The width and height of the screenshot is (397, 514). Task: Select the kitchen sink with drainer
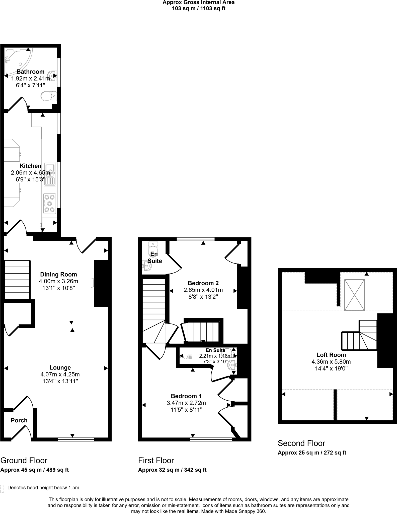coord(50,174)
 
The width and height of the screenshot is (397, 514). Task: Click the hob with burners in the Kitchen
coord(49,203)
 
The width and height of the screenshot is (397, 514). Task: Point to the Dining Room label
coord(58,274)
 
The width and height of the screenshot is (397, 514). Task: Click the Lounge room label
coord(60,368)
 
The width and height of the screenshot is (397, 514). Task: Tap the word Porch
coord(19,420)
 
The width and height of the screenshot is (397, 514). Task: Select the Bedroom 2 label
coord(203,283)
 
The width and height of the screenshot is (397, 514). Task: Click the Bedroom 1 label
coord(186,396)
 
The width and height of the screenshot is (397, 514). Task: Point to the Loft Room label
coord(331,355)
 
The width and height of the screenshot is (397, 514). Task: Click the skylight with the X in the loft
coord(354,295)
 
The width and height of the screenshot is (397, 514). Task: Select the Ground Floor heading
coord(24,461)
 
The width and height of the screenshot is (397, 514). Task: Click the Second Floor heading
coord(301,443)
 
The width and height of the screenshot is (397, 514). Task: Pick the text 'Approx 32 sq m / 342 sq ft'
coord(172,470)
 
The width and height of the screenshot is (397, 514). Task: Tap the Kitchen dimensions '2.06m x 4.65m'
coord(30,173)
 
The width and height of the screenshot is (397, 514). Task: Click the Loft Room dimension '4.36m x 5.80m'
coord(331,362)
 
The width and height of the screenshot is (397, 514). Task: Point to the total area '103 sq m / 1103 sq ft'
coord(198,9)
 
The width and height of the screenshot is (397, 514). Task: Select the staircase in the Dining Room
coord(17,280)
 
